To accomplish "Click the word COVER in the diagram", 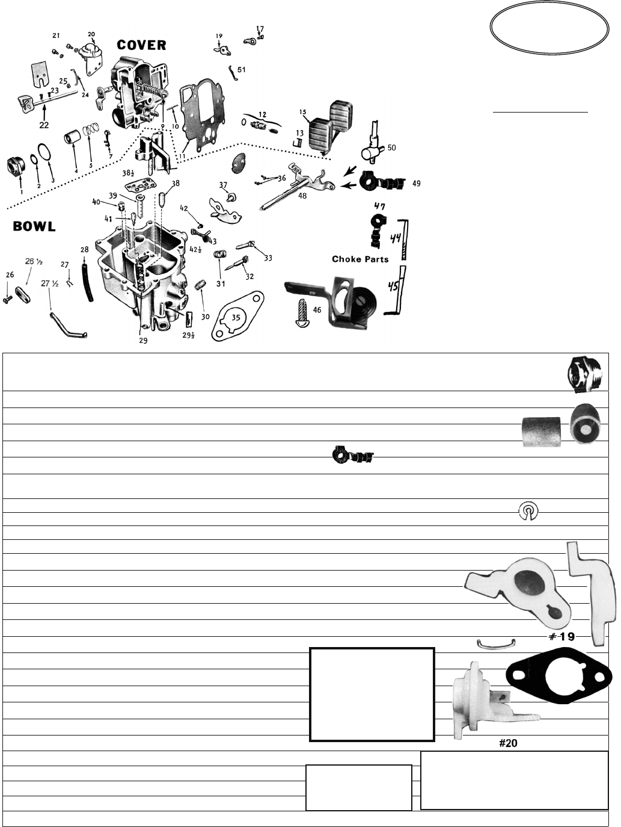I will pos(141,45).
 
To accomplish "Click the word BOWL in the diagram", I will pos(35,226).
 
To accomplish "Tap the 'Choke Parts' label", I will pos(360,259).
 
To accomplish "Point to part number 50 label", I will pos(391,148).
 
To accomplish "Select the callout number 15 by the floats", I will pos(302,112).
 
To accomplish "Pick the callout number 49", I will pos(416,184).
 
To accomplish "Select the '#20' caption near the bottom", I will pos(508,743).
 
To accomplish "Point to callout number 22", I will pos(44,125).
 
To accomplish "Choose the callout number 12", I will pos(262,114).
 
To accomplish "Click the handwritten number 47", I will pos(380,206).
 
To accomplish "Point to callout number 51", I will pos(241,70).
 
